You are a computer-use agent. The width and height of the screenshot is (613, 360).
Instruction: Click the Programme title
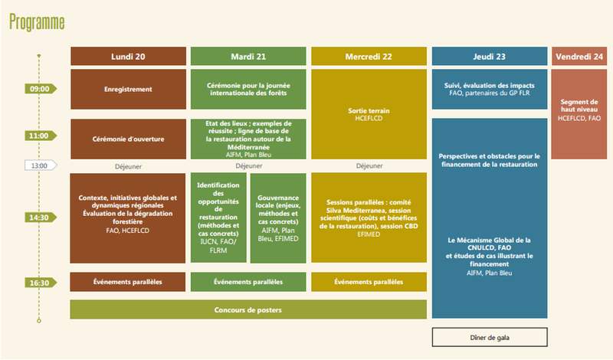37,22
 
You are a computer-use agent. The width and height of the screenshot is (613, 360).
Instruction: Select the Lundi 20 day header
128,56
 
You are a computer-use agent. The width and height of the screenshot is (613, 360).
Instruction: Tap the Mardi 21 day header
248,56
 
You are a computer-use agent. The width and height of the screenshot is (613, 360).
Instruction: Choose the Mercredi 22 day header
369,56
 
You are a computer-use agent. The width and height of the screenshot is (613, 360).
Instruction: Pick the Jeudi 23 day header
490,56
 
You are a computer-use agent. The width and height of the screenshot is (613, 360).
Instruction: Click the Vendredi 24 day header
579,56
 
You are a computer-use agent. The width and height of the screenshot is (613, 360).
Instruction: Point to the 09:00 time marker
41,89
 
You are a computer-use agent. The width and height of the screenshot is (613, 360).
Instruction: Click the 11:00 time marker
41,136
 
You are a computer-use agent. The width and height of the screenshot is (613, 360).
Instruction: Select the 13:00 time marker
41,165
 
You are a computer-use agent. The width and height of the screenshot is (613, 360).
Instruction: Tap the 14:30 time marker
41,218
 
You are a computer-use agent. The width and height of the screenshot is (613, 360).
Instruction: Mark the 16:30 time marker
41,283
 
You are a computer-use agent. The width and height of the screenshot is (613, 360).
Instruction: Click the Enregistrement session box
128,89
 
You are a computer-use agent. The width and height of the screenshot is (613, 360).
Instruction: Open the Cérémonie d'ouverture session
128,139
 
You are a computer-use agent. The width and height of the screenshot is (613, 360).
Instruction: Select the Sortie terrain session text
369,114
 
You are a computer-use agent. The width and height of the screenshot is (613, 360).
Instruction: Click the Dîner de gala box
490,337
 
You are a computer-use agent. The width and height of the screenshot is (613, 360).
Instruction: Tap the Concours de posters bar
248,309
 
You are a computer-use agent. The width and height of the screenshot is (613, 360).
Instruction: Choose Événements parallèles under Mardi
248,282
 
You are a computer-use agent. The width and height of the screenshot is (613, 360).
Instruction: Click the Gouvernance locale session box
278,218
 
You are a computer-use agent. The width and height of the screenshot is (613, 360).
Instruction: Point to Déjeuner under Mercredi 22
369,166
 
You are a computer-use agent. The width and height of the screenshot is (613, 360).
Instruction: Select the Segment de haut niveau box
579,114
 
